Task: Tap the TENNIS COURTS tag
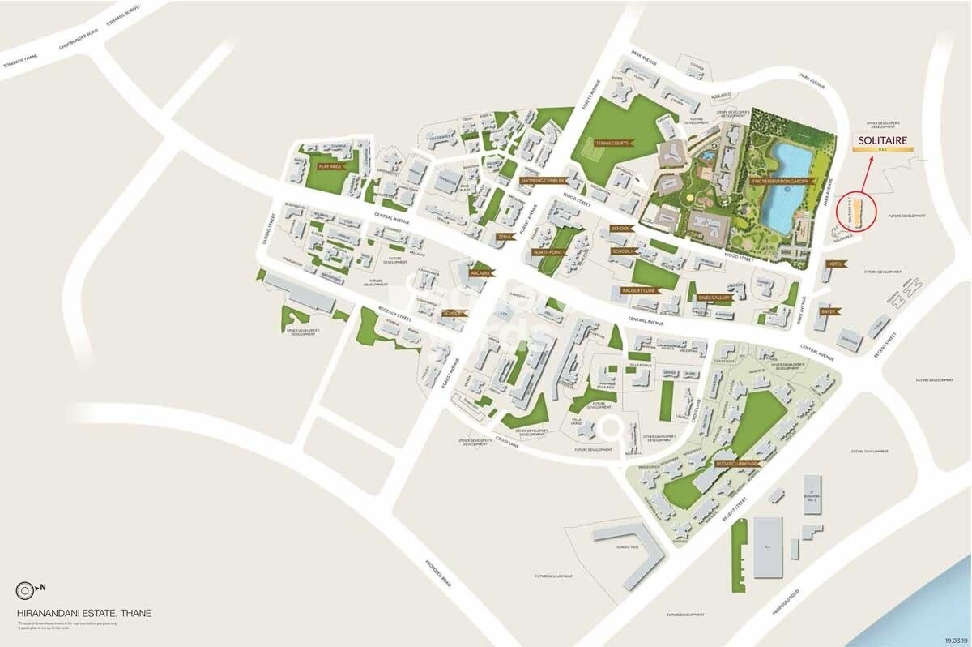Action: point(612,143)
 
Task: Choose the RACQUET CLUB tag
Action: point(637,289)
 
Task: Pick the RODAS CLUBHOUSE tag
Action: point(736,464)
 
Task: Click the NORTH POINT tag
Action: point(548,252)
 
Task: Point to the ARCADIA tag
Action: point(480,273)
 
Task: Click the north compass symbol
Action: point(28,589)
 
